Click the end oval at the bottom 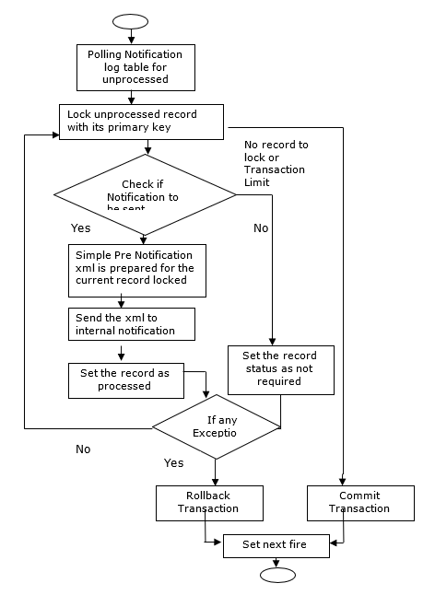click(277, 575)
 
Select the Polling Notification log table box click(135, 67)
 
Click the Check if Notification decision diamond click(145, 194)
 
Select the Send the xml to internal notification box click(133, 322)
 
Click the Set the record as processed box click(124, 379)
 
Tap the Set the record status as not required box click(280, 368)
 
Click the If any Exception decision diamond click(216, 426)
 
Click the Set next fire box click(274, 544)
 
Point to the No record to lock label click(276, 163)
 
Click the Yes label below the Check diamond click(80, 227)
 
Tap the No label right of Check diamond click(261, 227)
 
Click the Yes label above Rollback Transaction click(173, 462)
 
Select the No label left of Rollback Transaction click(83, 450)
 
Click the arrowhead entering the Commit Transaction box click(343, 481)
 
